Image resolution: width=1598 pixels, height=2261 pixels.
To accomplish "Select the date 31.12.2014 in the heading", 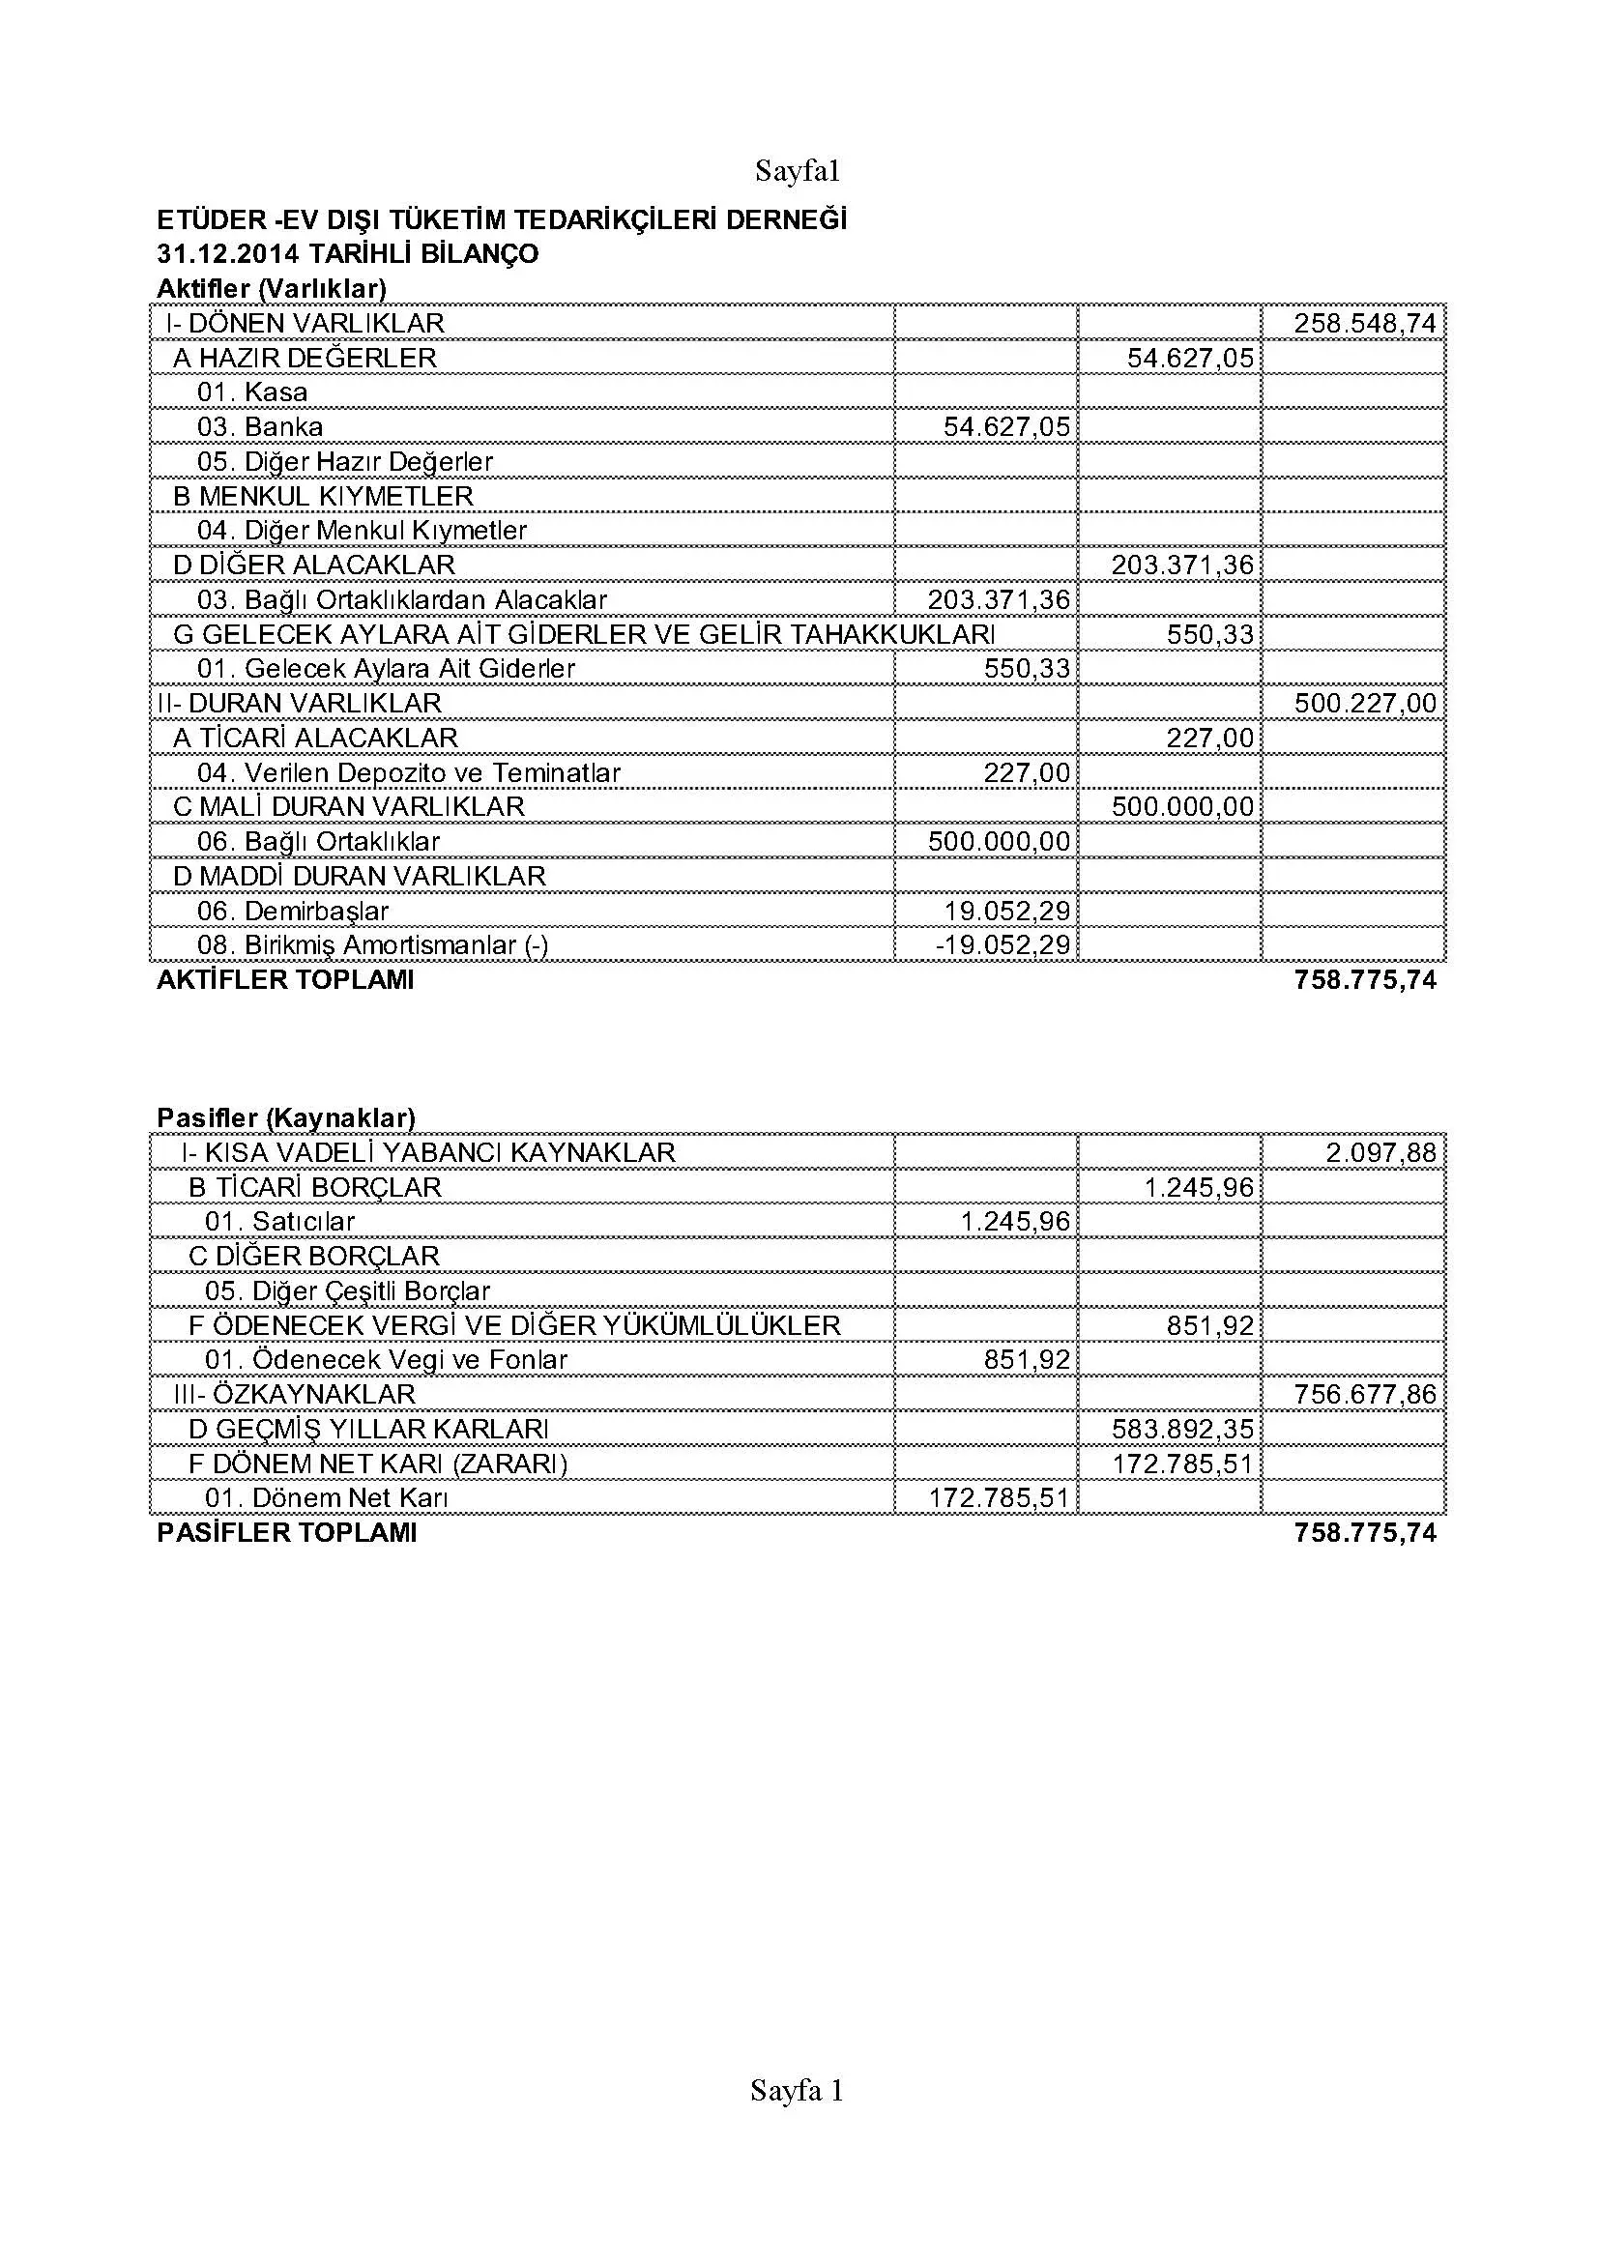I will tap(227, 254).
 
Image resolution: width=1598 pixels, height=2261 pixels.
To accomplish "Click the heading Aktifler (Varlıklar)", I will tap(271, 288).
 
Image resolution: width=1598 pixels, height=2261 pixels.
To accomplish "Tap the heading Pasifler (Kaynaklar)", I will tap(285, 1117).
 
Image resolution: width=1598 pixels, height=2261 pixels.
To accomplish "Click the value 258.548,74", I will tap(1365, 324).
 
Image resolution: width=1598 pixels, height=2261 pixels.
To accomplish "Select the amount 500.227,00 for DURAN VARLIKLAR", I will tap(1365, 703).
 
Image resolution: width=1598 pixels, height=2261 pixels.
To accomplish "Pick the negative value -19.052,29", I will tap(1002, 945).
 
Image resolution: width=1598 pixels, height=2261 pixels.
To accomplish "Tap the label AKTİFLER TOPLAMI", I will tap(285, 980).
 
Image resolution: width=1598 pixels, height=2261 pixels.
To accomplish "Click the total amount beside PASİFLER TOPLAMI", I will tap(1365, 1532).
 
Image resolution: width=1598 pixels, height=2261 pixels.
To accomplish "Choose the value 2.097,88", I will tap(1380, 1152).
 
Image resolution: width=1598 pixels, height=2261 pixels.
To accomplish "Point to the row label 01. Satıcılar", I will tap(279, 1221).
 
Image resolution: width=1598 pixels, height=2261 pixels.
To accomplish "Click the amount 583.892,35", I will tap(1182, 1429).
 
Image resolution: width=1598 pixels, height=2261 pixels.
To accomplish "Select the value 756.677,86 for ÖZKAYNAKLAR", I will tap(1365, 1395).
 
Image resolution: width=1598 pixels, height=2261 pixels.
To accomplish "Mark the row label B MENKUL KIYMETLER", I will tap(323, 495).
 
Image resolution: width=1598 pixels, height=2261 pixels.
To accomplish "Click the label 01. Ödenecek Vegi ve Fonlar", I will tap(386, 1360).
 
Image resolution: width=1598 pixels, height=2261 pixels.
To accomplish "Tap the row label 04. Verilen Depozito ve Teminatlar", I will tap(409, 773).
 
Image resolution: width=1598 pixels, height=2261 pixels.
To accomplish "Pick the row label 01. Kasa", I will tap(252, 391).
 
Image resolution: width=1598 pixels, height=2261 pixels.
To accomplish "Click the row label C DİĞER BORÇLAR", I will tap(314, 1256).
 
